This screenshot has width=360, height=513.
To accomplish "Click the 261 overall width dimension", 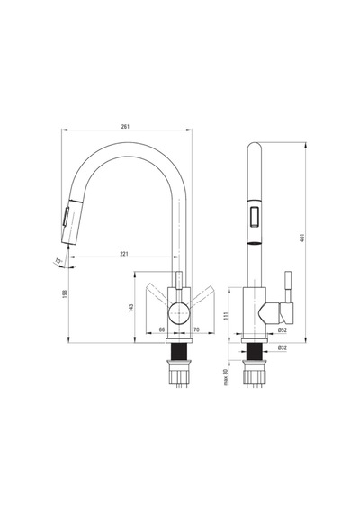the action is tap(125, 126).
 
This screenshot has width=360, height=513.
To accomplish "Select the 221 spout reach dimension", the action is tap(124, 254).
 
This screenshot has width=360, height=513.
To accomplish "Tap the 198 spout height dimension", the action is tap(65, 293).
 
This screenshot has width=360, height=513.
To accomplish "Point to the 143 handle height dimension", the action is tap(131, 308).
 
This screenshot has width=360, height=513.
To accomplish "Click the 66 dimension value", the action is tap(162, 329).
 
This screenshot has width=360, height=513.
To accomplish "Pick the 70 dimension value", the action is tap(196, 329).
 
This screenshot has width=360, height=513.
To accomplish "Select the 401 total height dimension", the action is tap(301, 238).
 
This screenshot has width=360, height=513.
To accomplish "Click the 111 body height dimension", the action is tap(226, 316).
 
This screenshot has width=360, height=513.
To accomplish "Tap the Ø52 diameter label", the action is tap(282, 330).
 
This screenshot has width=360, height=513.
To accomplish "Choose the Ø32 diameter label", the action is tap(282, 347).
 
